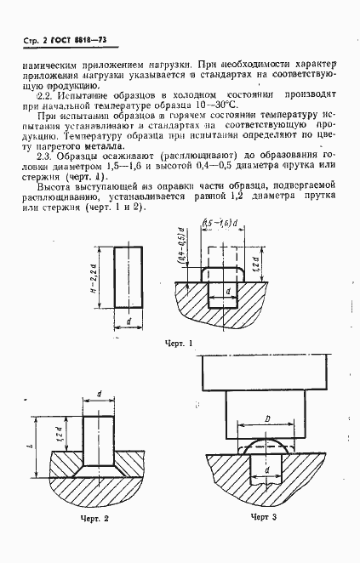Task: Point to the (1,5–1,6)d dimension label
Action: pos(220,247)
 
